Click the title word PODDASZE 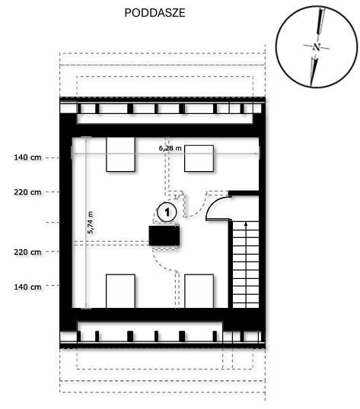[x=155, y=13]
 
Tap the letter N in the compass [x=317, y=47]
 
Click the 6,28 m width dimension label [x=170, y=148]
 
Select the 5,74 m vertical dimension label [x=91, y=222]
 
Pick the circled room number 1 [x=167, y=212]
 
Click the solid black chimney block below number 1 [x=164, y=236]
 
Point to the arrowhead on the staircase [x=246, y=224]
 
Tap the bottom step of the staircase [x=246, y=305]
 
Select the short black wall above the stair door [x=244, y=194]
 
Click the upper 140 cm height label [x=27, y=157]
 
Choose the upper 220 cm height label [x=27, y=192]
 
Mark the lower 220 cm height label [x=27, y=252]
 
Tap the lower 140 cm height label [x=27, y=287]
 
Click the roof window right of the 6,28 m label [x=199, y=158]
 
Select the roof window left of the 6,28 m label [x=120, y=154]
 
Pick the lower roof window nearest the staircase [x=199, y=291]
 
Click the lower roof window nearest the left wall [x=120, y=291]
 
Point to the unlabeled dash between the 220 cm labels [x=53, y=222]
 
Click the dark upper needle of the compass [x=320, y=21]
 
